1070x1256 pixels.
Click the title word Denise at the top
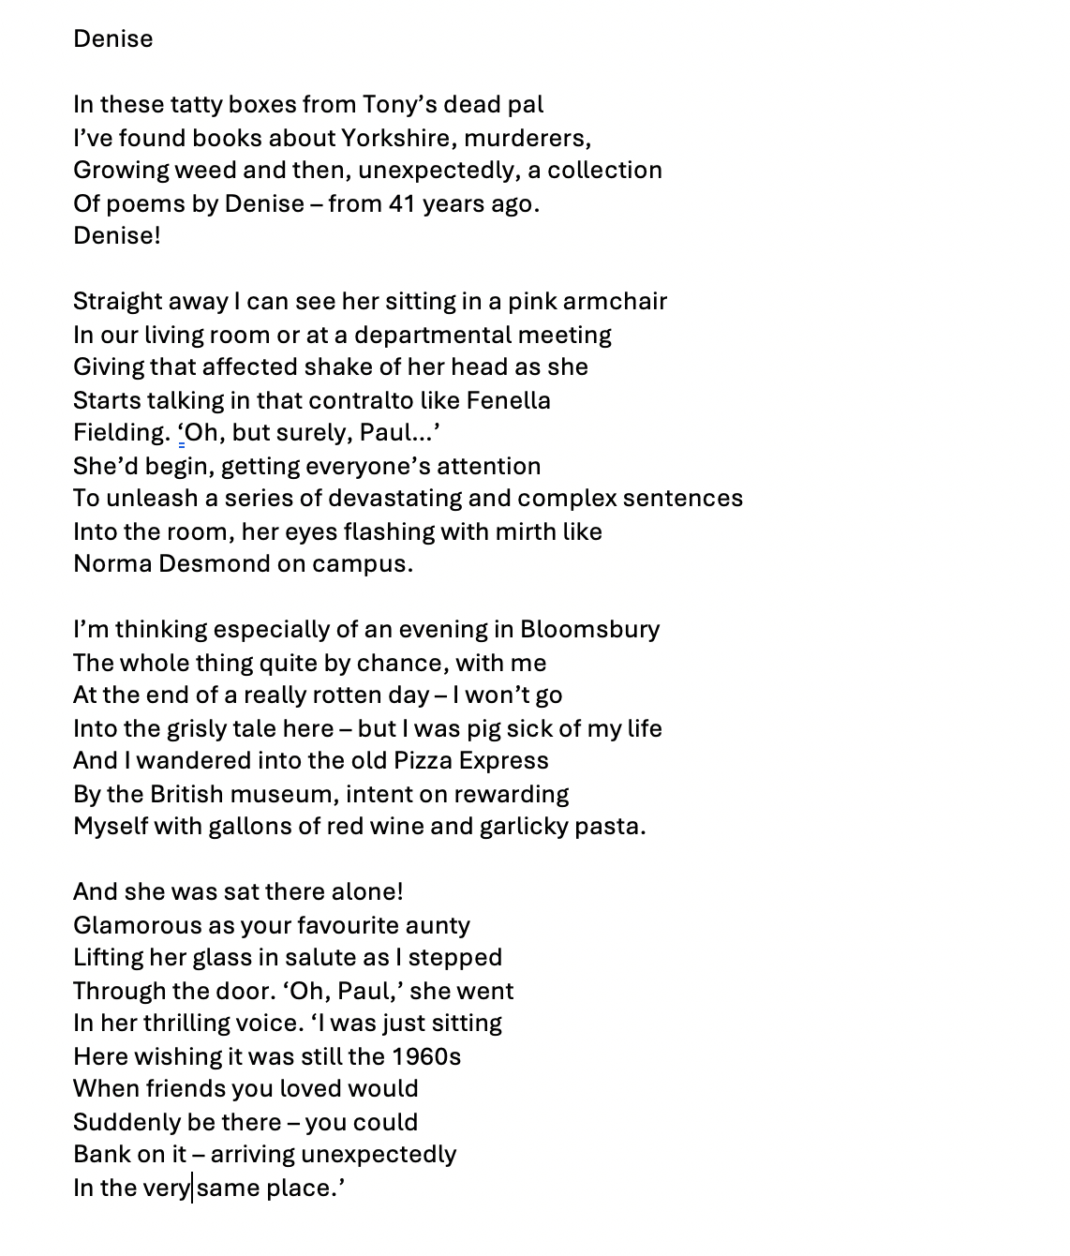112,39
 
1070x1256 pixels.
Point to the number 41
401,203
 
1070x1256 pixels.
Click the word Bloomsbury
589,629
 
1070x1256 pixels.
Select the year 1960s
426,1056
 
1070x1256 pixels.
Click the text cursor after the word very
193,1188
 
